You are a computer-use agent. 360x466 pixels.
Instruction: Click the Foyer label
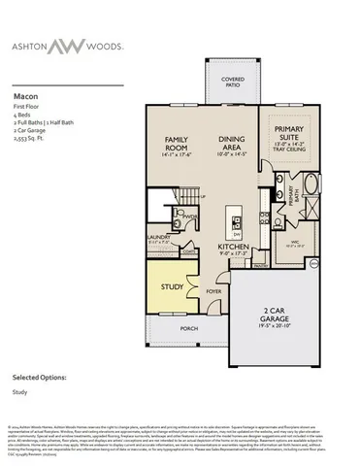pyautogui.click(x=213, y=289)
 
